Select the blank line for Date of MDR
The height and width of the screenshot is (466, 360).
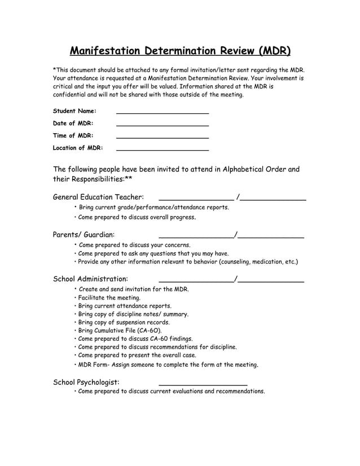tap(162, 125)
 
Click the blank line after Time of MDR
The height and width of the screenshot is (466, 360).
tap(162, 138)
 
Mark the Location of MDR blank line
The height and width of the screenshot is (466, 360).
tap(162, 150)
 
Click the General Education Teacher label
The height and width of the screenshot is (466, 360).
tap(98, 197)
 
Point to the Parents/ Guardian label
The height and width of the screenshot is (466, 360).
tap(84, 234)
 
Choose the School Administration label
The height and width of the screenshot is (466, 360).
tap(90, 279)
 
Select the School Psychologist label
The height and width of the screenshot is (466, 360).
tap(86, 382)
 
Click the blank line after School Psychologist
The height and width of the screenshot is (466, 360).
tap(203, 384)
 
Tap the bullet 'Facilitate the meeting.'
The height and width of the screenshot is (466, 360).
tap(109, 297)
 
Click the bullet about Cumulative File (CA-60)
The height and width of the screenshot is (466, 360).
tap(120, 330)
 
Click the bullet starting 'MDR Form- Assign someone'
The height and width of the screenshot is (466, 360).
tap(168, 364)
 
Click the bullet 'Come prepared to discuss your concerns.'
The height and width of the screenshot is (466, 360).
tap(134, 245)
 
